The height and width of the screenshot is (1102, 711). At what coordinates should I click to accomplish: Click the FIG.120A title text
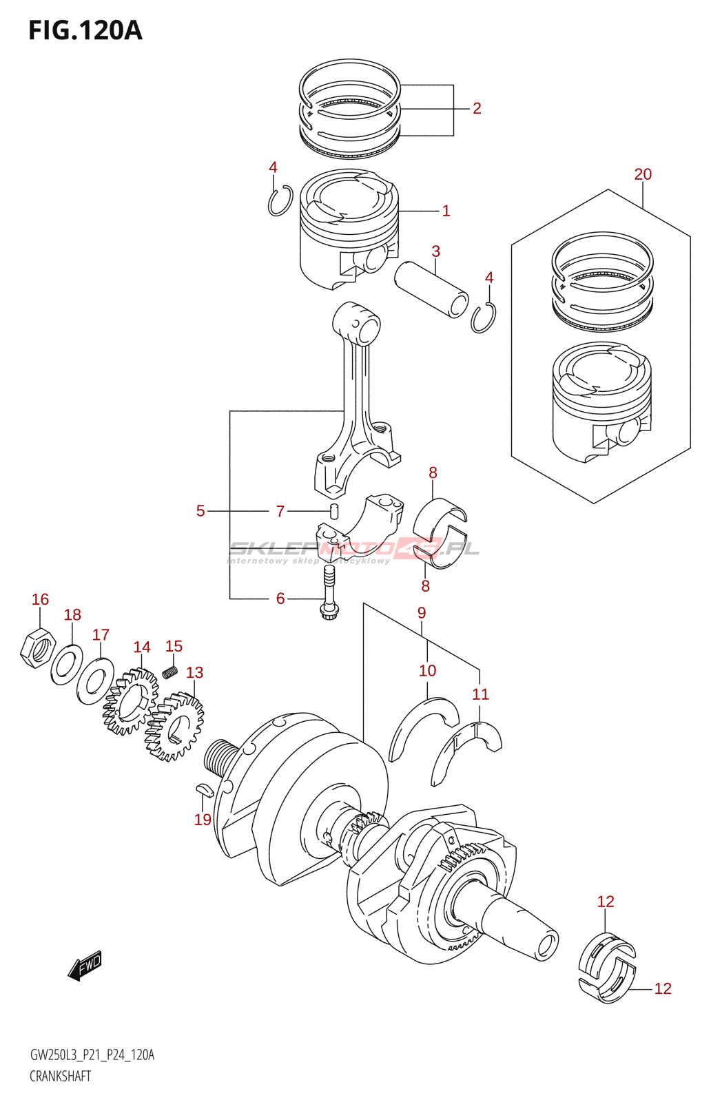click(85, 31)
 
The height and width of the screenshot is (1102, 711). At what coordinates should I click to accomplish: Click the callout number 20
click(643, 175)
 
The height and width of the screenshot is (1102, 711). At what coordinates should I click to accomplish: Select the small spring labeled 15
click(170, 668)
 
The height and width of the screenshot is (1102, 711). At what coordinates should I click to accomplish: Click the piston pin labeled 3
click(431, 288)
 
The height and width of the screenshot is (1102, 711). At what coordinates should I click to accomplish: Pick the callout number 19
click(203, 820)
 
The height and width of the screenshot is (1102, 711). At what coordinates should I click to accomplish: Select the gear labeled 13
click(174, 727)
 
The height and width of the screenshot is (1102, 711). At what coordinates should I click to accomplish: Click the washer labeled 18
click(67, 664)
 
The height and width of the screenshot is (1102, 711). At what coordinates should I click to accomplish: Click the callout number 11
click(480, 694)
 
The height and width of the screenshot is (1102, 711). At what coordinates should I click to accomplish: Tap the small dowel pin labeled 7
click(334, 512)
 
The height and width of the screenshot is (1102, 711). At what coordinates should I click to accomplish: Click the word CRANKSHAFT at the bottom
click(61, 1077)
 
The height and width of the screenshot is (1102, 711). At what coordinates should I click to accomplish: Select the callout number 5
click(200, 511)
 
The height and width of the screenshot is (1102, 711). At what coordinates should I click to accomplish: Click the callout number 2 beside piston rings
click(476, 109)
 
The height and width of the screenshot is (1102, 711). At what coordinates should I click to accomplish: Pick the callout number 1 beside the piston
click(446, 211)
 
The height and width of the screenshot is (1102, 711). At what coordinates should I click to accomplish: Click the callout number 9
click(422, 613)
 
